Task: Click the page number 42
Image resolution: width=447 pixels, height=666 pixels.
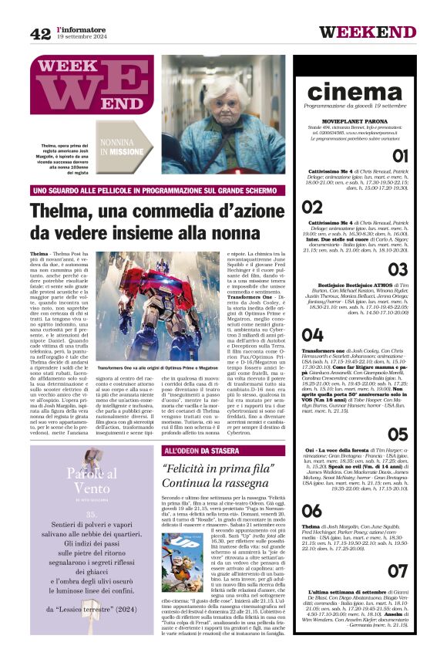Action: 40,33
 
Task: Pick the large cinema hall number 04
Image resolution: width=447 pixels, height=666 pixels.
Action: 312,335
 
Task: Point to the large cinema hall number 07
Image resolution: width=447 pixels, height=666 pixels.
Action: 397,571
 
